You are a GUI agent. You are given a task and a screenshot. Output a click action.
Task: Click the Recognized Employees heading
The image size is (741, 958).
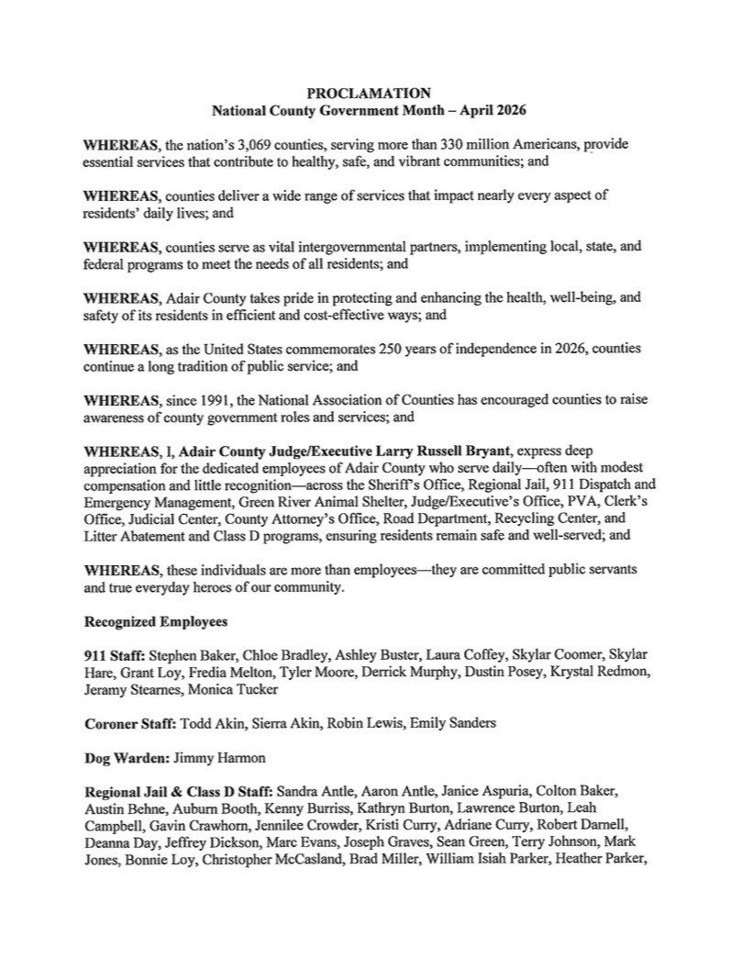155,621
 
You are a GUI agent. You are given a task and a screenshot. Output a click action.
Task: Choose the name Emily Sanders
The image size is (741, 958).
454,722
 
